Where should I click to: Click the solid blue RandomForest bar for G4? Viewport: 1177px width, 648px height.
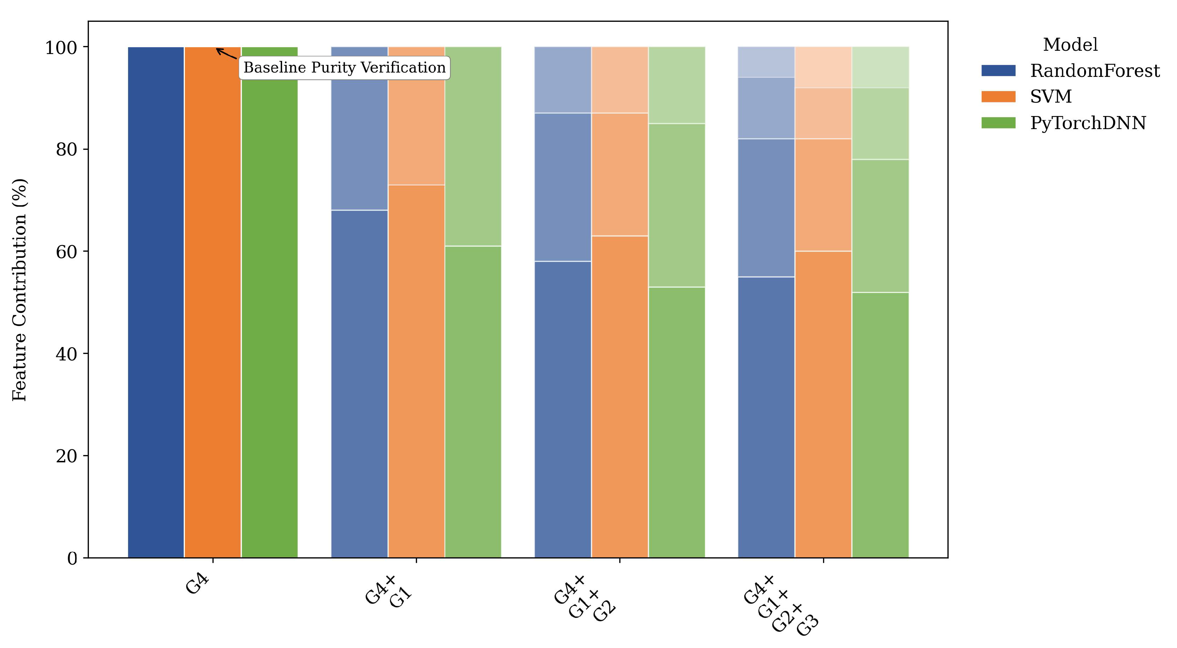pos(156,302)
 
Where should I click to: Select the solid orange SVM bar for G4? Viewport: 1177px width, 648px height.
pos(212,302)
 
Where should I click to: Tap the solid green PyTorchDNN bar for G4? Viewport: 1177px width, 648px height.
pos(269,302)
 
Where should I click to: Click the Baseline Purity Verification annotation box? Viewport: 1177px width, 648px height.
pos(344,68)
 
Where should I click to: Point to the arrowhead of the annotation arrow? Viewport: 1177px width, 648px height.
pos(218,49)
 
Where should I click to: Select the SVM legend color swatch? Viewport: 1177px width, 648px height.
pos(998,97)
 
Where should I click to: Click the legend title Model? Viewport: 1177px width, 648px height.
pos(1070,45)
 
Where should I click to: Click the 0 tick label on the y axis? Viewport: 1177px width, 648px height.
pos(72,558)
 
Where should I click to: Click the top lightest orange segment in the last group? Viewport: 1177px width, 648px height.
pos(823,67)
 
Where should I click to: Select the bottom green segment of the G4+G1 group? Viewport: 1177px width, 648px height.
pos(473,402)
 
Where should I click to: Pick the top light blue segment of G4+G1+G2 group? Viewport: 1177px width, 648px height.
pos(562,80)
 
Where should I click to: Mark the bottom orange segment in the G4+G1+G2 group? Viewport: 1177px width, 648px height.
pos(620,397)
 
